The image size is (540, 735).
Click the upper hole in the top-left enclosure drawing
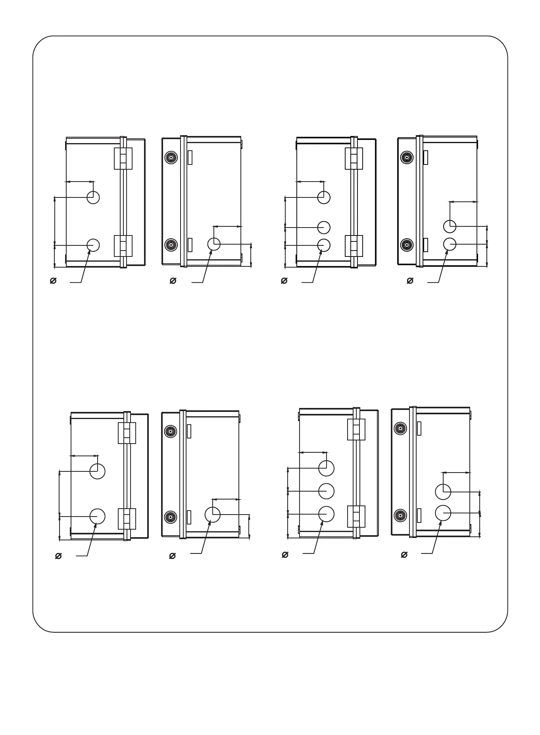(93, 197)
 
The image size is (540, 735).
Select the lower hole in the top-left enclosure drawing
(93, 245)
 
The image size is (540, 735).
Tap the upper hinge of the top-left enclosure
(123, 159)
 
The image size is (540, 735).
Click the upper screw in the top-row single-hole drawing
(171, 157)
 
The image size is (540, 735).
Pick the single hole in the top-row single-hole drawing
(214, 244)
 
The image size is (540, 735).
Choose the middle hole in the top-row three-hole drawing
(324, 227)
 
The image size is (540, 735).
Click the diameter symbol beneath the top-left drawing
(53, 281)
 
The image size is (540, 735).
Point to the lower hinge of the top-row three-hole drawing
(354, 246)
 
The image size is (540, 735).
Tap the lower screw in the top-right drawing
(407, 245)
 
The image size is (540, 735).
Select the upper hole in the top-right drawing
(450, 226)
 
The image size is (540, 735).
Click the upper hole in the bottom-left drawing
(97, 471)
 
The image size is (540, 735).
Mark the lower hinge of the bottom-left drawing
(127, 519)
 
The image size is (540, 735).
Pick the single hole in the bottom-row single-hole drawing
(213, 514)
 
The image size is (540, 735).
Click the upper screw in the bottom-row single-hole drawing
(170, 431)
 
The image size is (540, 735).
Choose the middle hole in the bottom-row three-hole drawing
(326, 491)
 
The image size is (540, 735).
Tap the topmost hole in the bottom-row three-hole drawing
(326, 468)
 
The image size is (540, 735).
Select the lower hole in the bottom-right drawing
(443, 513)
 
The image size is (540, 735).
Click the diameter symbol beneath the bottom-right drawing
(404, 555)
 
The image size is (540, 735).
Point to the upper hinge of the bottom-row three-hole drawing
(356, 429)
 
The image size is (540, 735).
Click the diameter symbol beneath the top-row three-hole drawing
(284, 281)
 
